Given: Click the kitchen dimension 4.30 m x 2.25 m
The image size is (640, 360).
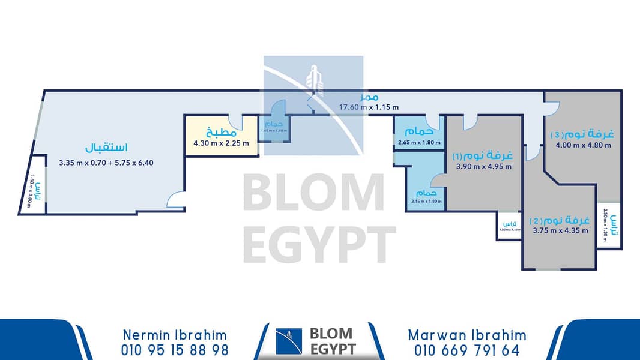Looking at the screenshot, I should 221,143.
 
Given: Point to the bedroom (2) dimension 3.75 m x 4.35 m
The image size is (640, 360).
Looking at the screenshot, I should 560,230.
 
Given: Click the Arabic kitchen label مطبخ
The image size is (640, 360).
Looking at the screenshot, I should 216,131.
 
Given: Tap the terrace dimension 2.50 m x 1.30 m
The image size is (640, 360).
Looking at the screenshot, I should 606,226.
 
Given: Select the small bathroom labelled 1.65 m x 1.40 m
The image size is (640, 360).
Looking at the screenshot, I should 273,130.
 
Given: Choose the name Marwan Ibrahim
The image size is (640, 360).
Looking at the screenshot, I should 466,335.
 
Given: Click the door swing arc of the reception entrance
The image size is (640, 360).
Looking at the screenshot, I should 175,200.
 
